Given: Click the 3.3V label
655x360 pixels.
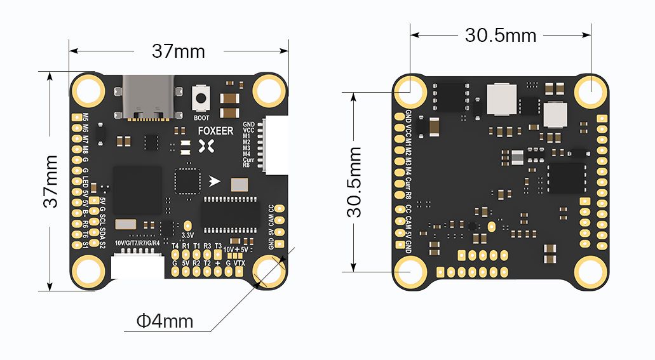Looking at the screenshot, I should click(x=188, y=236).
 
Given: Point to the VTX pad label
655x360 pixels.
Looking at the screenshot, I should click(x=240, y=263).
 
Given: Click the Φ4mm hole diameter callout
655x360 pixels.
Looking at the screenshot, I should click(x=165, y=321).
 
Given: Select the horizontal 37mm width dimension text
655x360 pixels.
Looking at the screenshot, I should click(x=179, y=51).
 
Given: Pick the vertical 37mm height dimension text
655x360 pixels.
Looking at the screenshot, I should click(x=51, y=181).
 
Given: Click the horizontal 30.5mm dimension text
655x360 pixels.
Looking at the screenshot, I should click(x=501, y=36).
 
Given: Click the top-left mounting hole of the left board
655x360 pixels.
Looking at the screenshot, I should click(x=88, y=90).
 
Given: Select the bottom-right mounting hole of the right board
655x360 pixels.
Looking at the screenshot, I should click(x=591, y=272).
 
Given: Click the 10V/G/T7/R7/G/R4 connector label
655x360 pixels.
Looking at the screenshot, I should click(x=137, y=243).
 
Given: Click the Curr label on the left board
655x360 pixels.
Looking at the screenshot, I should click(x=248, y=159).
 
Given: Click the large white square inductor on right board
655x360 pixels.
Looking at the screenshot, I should click(x=501, y=98).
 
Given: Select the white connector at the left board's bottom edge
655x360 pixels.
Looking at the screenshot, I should click(x=137, y=266).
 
